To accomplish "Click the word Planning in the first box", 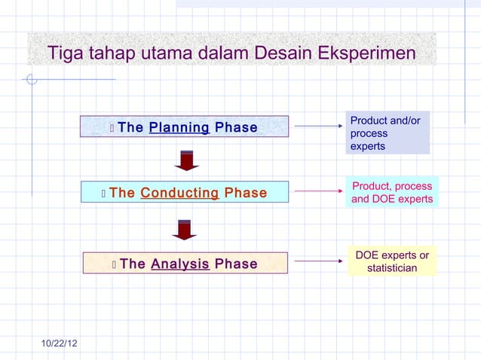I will pos(179,127).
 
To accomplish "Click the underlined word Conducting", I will pos(179,193).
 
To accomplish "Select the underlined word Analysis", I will pos(179,264).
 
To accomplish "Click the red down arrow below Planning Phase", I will pos(185,160).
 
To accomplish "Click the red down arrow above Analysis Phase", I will pos(185,229).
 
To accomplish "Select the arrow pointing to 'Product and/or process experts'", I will pos(318,127).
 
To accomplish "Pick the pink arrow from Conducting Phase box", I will pos(318,192).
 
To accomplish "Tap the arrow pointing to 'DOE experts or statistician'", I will pos(318,262).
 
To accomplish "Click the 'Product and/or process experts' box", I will pos(388,133).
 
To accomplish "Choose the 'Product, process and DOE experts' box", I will pos(392,193).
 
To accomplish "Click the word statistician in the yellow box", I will pos(392,268).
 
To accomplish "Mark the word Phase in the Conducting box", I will pos(246,193).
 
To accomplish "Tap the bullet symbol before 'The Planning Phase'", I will pos(112,128).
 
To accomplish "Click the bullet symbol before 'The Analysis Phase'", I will pos(113,264).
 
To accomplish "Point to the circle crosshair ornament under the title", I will pos(32,79).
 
